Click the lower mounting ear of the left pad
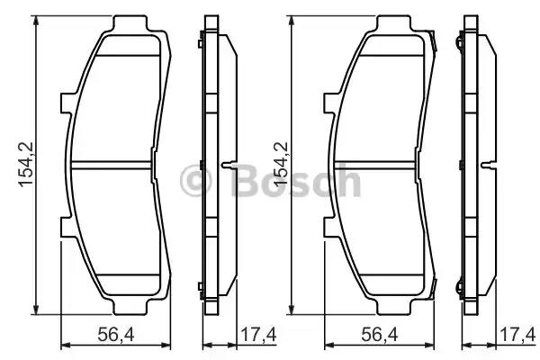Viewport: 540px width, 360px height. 65,226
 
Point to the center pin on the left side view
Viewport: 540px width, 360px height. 230,166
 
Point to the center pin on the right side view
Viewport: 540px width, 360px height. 490,166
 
